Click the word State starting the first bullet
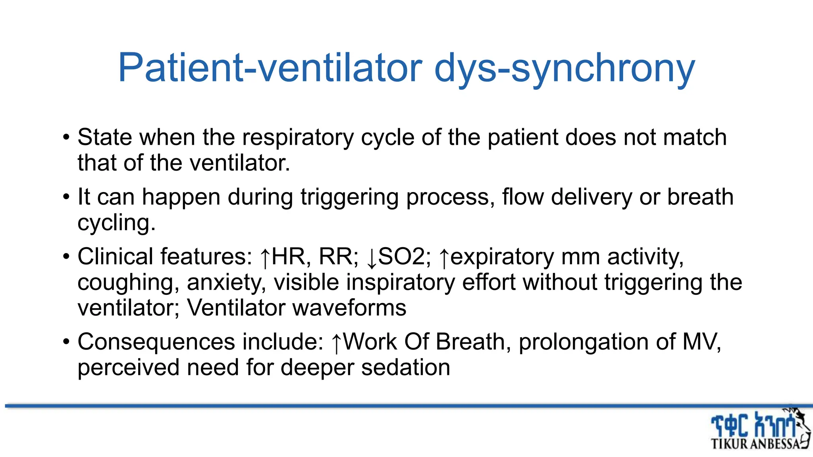[x=104, y=137]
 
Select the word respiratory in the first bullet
[x=298, y=137]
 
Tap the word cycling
[x=116, y=223]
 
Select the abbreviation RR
[x=335, y=257]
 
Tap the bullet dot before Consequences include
[x=66, y=342]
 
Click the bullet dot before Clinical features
[x=66, y=257]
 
